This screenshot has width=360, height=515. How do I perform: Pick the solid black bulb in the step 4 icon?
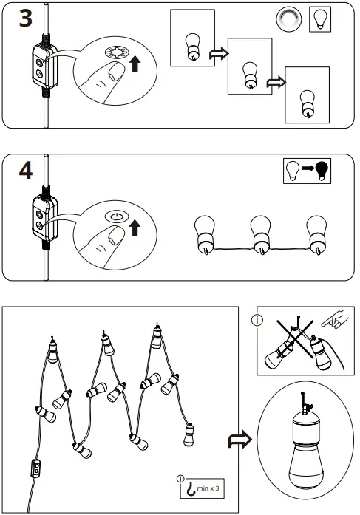[x=322, y=171]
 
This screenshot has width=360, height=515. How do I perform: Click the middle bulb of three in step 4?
[x=259, y=231]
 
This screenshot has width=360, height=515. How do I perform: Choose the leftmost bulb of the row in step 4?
[x=204, y=231]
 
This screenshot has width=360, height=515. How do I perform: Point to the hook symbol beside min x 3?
[x=191, y=488]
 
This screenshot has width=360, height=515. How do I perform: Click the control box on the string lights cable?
[x=35, y=471]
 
